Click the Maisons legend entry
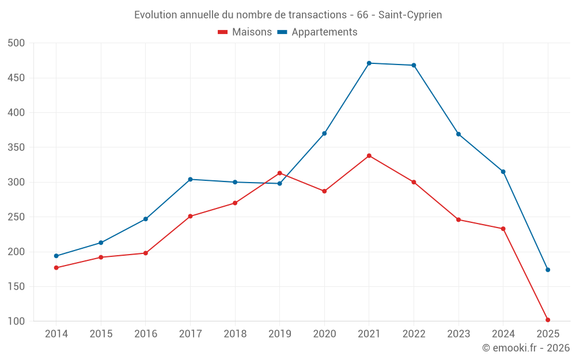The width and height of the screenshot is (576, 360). tap(245, 32)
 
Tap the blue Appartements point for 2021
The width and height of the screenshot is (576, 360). tap(369, 63)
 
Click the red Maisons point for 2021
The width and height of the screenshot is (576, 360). tap(369, 156)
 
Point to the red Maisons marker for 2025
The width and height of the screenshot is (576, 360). tap(548, 320)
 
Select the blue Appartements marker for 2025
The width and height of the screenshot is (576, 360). tap(548, 270)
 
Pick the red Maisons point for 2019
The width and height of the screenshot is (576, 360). tap(279, 173)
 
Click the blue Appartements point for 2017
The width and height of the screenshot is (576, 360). tap(190, 179)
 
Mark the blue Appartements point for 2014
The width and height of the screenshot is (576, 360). tap(56, 256)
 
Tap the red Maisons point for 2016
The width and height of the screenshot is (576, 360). tap(146, 253)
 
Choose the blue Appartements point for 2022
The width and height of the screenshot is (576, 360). tap(414, 65)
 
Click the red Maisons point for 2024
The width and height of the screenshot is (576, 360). tap(503, 229)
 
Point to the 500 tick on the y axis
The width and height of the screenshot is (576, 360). tap(17, 43)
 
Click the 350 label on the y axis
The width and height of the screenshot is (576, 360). tap(17, 147)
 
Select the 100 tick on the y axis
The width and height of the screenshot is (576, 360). tap(17, 321)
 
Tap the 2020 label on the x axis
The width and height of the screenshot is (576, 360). tap(324, 334)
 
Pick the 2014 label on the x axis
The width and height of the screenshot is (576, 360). tap(56, 334)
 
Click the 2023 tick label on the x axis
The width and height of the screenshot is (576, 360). tap(458, 334)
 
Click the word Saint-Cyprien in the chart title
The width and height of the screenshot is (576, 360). tap(410, 15)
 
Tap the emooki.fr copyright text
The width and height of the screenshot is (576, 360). tap(526, 348)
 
